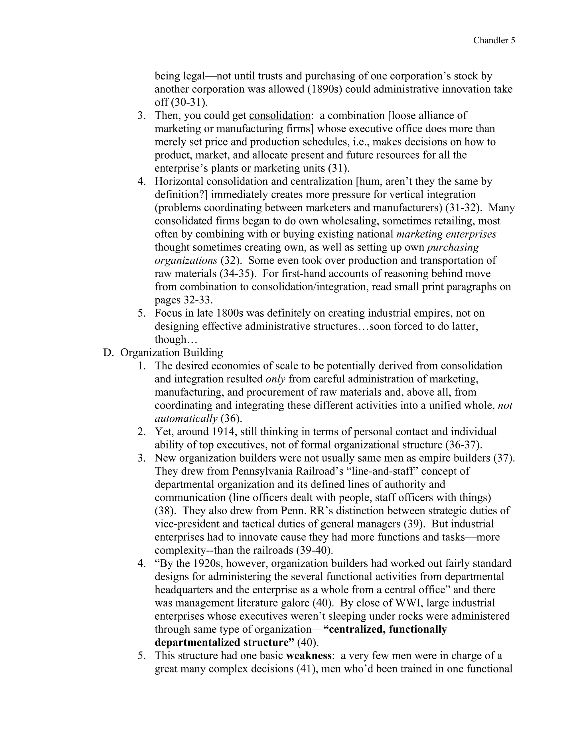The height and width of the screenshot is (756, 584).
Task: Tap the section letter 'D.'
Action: tap(108, 352)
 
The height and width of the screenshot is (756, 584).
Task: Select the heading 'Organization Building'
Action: tap(172, 352)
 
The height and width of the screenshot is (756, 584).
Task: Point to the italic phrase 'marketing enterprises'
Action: tap(446, 234)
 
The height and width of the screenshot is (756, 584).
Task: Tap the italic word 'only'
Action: tap(275, 379)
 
